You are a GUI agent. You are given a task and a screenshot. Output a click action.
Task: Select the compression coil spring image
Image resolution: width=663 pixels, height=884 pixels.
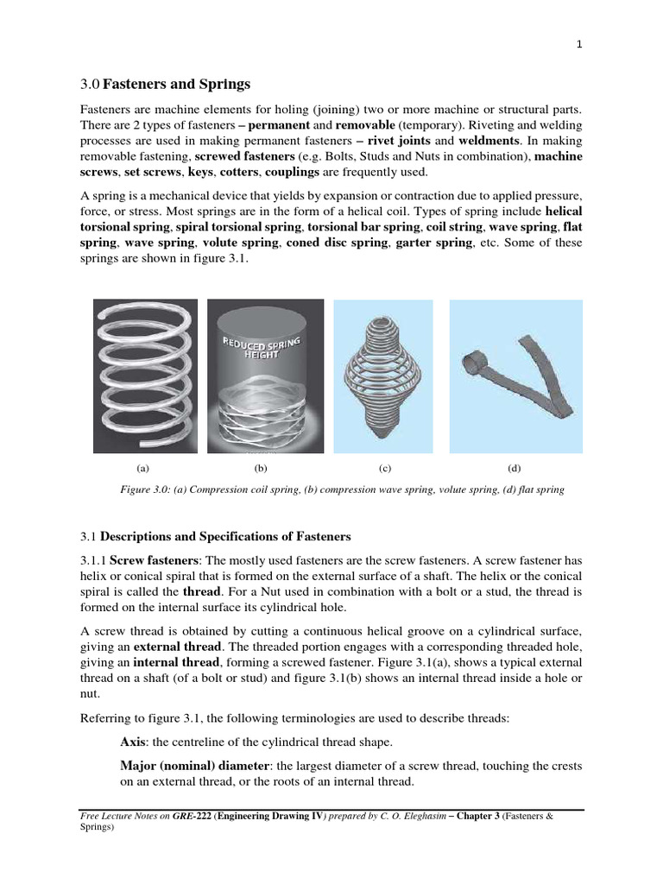[145, 376]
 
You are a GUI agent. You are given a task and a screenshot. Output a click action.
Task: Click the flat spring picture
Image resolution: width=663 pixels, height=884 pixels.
[515, 376]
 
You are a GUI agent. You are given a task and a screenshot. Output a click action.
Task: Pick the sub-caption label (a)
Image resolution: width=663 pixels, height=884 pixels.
[143, 468]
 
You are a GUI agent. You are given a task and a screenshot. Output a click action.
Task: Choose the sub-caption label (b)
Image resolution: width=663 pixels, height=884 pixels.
[261, 468]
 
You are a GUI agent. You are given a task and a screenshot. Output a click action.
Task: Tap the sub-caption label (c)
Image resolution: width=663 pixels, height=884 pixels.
[385, 468]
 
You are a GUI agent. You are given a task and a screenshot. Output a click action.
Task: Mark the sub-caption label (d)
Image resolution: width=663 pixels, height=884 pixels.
[515, 468]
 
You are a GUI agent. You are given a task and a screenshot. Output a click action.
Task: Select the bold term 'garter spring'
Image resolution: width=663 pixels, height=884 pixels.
[435, 244]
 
